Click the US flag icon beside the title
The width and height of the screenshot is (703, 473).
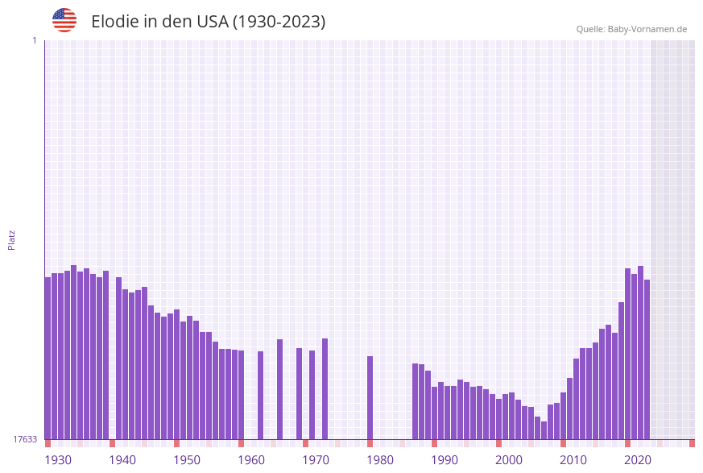pos(64,20)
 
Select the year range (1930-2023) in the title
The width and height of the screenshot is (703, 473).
pos(279,22)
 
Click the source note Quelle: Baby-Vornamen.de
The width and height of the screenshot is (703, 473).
pos(631,29)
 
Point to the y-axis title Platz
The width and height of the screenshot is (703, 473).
pos(12,239)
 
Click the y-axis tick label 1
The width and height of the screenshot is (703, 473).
pos(34,40)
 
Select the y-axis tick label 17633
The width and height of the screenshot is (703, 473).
pos(25,439)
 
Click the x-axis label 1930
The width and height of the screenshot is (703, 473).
pos(58,459)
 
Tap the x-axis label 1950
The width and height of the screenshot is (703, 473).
pos(187,459)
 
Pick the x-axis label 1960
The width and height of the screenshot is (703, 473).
pos(251,459)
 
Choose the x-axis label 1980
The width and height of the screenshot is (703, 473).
pos(380,459)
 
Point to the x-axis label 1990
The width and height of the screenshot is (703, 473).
pos(445,459)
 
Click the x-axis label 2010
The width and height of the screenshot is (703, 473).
pos(573,459)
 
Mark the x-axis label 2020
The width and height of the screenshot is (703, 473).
pos(638,459)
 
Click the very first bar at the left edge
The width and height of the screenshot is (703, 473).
pos(48,359)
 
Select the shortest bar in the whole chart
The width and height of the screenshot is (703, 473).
pos(544,430)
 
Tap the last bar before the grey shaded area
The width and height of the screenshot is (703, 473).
pos(647,359)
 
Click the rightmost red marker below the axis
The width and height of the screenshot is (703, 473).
pos(692,443)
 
